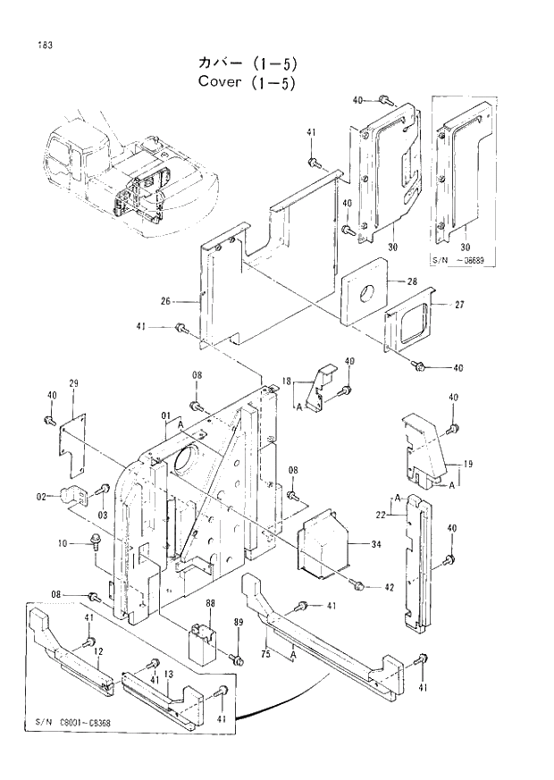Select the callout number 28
click(x=412, y=281)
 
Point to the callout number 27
click(x=458, y=305)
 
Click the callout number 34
click(x=375, y=543)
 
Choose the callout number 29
click(x=74, y=383)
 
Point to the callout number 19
click(x=468, y=464)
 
